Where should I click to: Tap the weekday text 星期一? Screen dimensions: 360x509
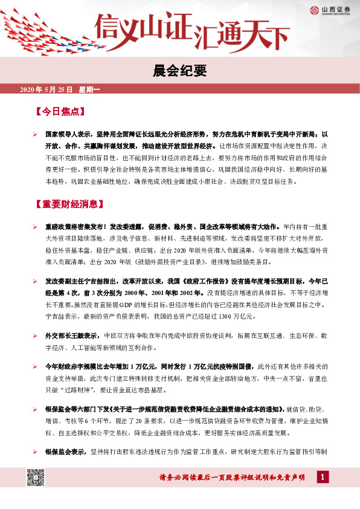pyautogui.click(x=89, y=89)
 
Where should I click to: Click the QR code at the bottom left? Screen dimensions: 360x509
pyautogui.click(x=36, y=478)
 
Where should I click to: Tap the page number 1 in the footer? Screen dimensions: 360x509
pyautogui.click(x=323, y=478)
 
